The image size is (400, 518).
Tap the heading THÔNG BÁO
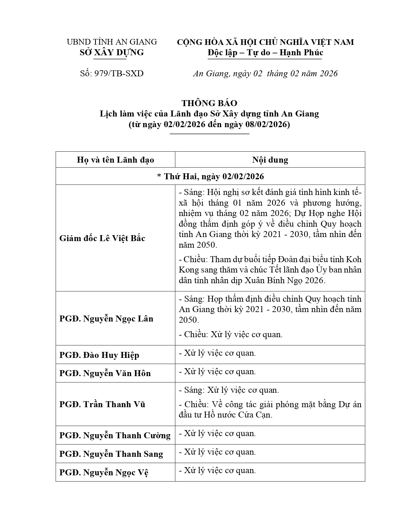coord(209,103)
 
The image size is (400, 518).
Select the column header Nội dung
coord(270,160)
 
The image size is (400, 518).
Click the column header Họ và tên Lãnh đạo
coord(115,160)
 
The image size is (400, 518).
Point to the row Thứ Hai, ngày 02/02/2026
coord(210,176)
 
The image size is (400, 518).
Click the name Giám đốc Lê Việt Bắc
coord(102,238)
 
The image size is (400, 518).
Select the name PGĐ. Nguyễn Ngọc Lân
coord(106,319)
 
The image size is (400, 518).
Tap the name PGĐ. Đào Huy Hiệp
coord(99,355)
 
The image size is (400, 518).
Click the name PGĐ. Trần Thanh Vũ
coord(102,404)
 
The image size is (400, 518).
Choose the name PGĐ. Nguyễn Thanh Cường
coord(115,435)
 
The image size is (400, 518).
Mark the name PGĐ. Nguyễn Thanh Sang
coord(111,454)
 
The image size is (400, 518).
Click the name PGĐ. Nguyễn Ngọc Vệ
coord(104,472)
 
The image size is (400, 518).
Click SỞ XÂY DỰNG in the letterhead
coord(112,52)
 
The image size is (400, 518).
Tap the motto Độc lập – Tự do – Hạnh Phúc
coord(265,52)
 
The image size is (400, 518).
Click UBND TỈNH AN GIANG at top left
coord(112,42)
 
